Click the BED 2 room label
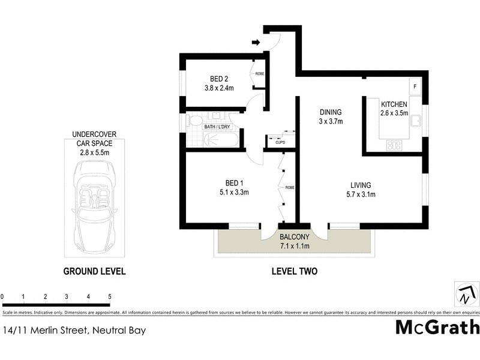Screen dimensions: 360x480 click(218, 79)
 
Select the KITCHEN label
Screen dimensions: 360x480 click(394, 104)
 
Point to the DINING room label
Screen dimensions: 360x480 click(330, 112)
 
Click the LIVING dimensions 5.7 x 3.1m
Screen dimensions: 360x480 click(361, 194)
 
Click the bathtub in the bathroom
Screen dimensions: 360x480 click(221, 139)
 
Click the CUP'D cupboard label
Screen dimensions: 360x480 click(280, 143)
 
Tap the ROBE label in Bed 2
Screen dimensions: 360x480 click(260, 74)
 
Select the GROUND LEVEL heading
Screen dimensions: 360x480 click(94, 271)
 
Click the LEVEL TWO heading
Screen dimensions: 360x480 click(293, 271)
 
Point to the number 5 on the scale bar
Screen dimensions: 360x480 click(110, 296)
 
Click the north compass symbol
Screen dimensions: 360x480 click(466, 294)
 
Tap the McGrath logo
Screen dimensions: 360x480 click(437, 327)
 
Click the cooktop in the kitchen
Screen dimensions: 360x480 click(395, 145)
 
